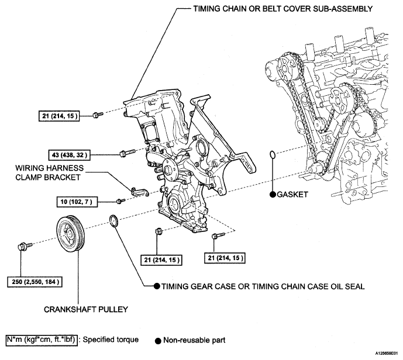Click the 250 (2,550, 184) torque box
35,282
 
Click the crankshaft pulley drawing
71,234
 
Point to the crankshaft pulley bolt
25,246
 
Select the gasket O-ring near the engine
273,155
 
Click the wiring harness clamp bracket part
140,192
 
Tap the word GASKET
292,195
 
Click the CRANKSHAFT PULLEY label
86,309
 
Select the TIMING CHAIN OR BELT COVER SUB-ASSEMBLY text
283,9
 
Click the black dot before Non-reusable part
158,341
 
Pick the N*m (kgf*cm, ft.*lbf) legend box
42,340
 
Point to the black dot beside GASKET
273,195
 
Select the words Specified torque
111,340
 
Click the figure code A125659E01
388,354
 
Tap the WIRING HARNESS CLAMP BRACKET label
49,172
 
